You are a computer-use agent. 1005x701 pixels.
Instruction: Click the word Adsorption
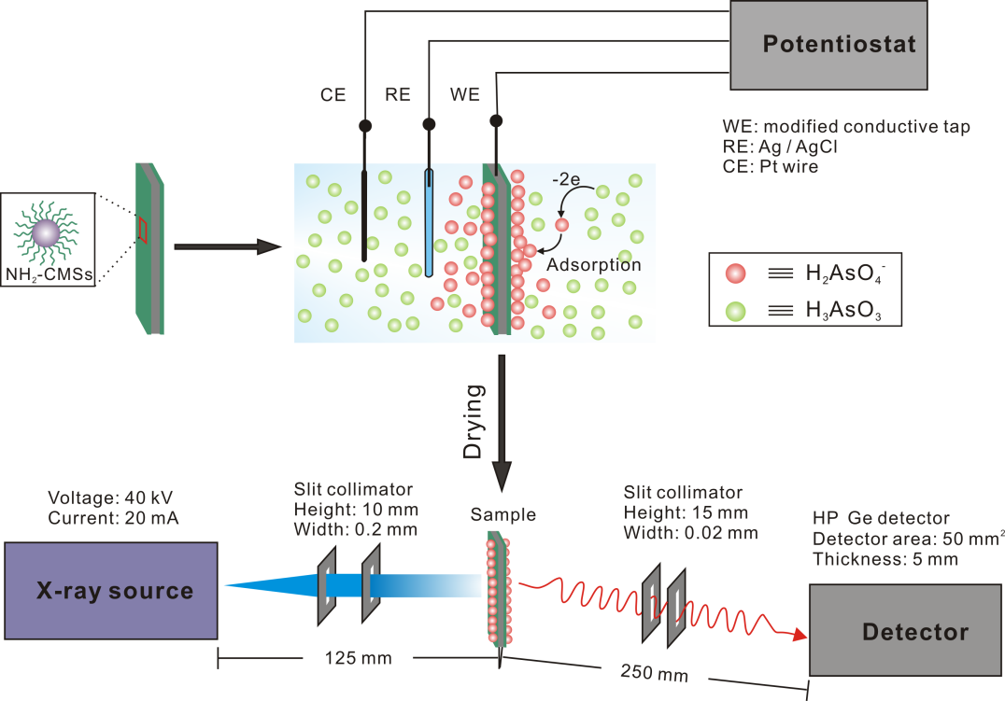click(594, 265)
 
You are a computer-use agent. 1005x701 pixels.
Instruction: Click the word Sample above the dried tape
click(503, 514)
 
